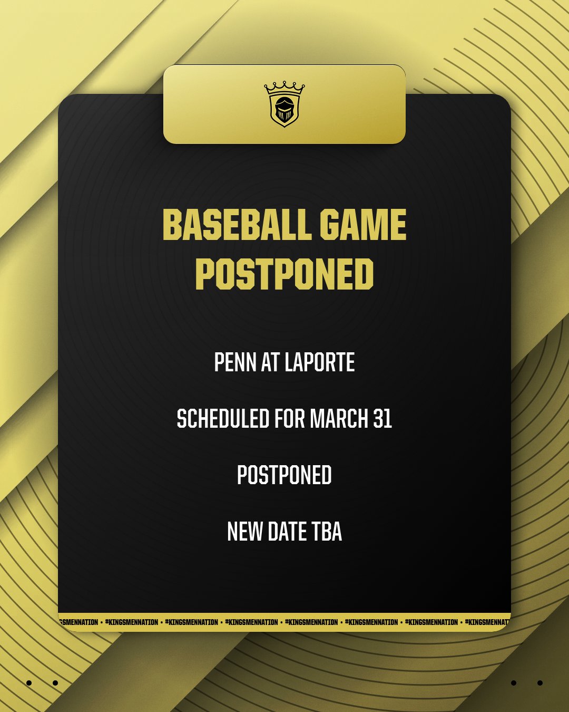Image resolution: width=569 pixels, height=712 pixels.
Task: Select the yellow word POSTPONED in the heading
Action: [x=284, y=274]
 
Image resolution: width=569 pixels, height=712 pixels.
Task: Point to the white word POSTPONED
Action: [x=284, y=475]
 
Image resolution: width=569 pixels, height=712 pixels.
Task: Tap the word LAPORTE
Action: [x=320, y=363]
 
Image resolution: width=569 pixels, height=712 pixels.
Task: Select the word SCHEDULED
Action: [x=223, y=419]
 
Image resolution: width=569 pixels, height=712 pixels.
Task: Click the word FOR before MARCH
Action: [x=289, y=419]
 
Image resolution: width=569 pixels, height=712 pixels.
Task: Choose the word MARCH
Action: [x=339, y=419]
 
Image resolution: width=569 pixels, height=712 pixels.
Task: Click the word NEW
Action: [x=244, y=532]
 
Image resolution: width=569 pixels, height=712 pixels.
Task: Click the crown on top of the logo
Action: [x=284, y=88]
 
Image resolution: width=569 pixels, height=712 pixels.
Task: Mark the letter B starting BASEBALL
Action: [x=172, y=225]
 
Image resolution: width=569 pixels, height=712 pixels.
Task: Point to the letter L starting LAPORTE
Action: [x=288, y=363]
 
